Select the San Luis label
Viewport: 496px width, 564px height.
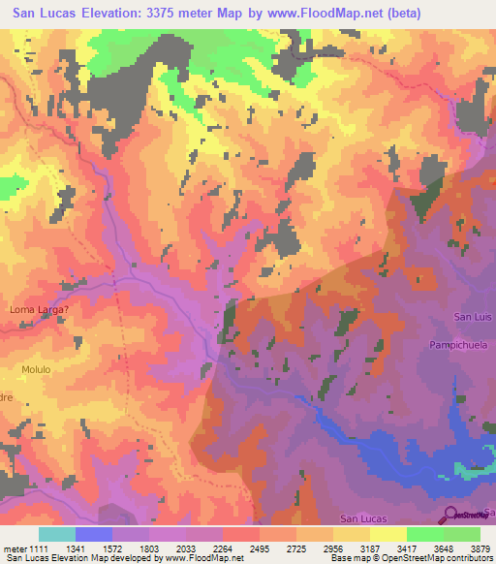[x=474, y=317]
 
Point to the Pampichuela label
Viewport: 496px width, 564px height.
[x=463, y=344]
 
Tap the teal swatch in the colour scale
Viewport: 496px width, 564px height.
[x=57, y=534]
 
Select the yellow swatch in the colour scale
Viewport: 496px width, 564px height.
[x=387, y=534]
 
